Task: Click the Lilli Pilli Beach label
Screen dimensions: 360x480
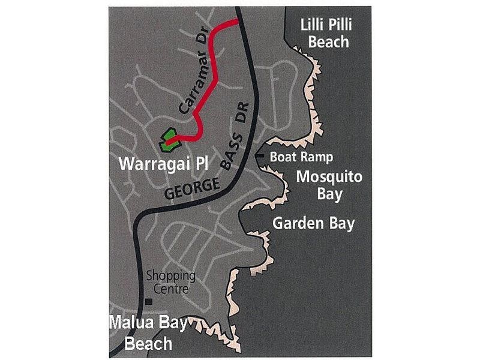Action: point(325,33)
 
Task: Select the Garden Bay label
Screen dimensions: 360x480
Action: point(314,223)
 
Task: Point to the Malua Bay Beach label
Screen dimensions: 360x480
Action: point(149,334)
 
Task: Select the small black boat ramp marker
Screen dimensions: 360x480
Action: point(260,156)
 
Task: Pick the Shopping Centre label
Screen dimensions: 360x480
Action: point(172,282)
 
